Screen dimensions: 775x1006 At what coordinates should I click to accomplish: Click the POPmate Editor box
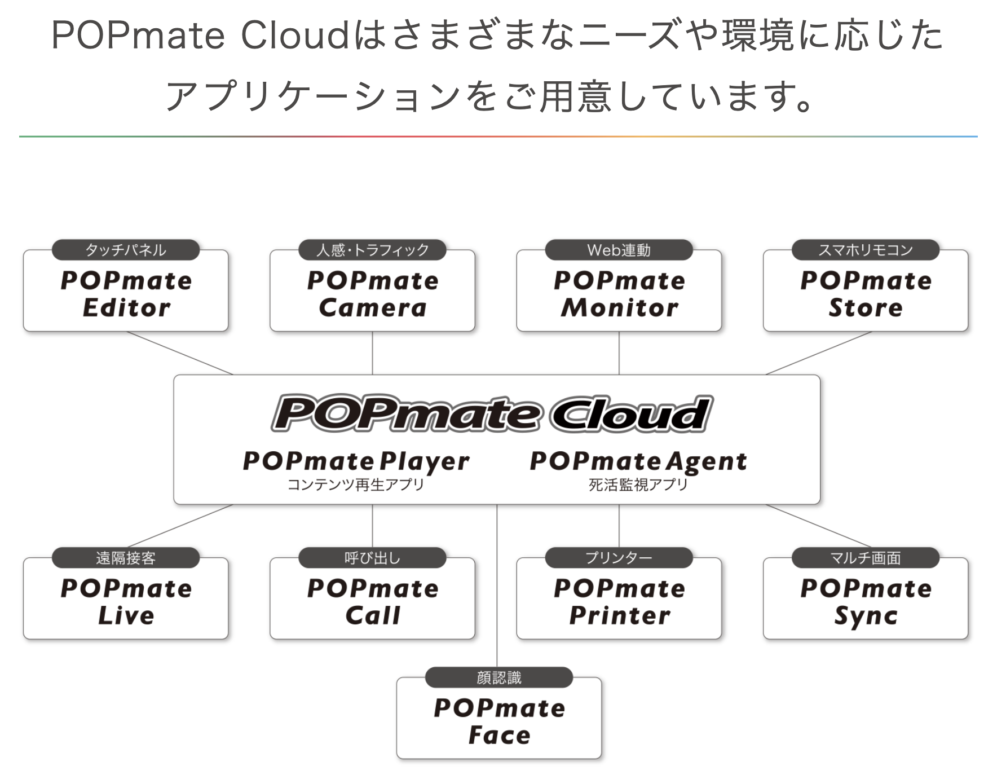126,294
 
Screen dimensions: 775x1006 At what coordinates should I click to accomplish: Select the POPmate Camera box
372,294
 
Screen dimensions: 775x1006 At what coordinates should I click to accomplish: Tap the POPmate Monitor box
619,294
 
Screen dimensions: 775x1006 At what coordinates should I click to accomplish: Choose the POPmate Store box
866,294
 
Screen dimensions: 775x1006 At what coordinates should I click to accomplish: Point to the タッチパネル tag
126,250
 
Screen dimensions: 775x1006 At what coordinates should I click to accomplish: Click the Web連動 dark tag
619,250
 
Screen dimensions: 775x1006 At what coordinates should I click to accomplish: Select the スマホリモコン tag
866,250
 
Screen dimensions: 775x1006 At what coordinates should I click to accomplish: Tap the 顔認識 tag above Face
499,677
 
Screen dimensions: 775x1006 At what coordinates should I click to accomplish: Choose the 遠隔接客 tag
126,558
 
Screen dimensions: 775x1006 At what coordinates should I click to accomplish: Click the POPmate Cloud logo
492,414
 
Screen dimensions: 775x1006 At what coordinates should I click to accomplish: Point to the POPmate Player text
356,461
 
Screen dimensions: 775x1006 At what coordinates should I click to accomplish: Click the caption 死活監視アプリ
638,485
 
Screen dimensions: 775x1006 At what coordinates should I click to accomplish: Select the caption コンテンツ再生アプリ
356,485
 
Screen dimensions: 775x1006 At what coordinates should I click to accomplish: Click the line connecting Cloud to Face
497,587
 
